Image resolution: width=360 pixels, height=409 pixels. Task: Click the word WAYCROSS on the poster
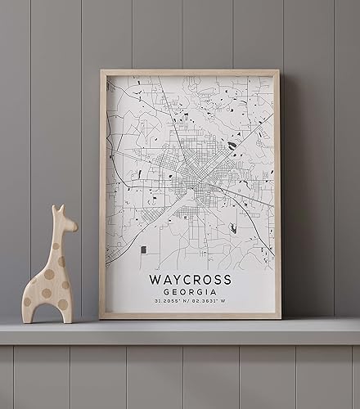pos(190,280)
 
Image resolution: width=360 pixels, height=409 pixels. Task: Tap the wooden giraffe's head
pos(62,221)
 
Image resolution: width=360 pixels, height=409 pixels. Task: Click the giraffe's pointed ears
pos(57,209)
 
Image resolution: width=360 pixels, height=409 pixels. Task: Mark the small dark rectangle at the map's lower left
pos(143,249)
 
